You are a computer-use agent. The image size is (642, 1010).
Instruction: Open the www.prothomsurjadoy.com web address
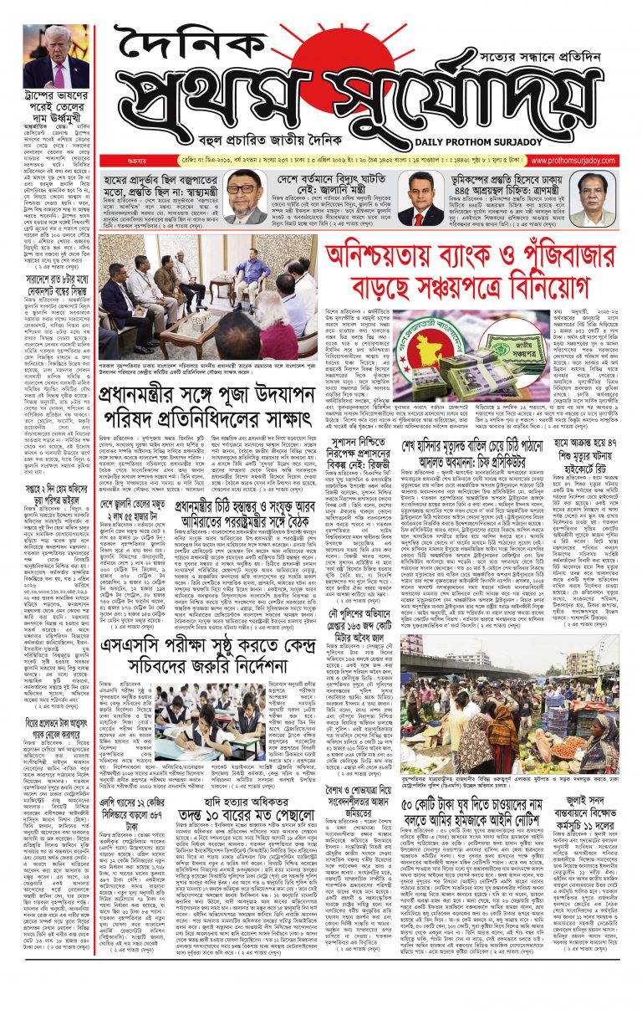click(587, 161)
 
